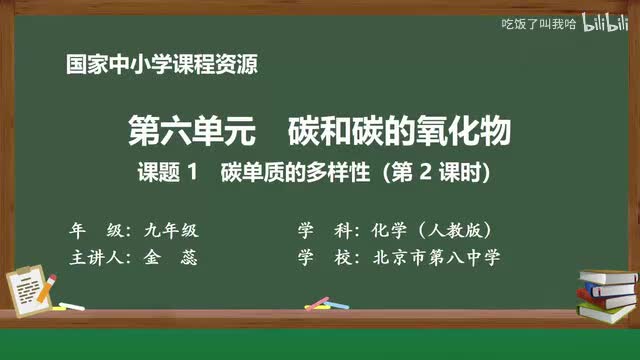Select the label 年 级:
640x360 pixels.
(97, 229)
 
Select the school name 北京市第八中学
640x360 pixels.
(435, 257)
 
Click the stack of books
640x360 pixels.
(606, 290)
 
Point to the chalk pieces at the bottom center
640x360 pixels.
(318, 302)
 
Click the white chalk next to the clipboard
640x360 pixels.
(71, 304)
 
